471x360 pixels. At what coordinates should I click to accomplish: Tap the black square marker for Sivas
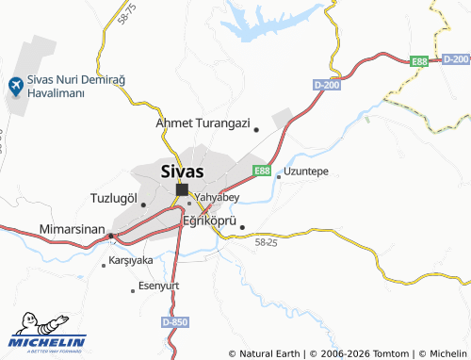pos(181,189)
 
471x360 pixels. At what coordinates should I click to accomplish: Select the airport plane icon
pos(15,86)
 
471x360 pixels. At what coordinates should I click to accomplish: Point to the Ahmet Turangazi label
pos(203,123)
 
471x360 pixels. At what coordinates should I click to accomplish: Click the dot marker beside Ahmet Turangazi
pos(256,129)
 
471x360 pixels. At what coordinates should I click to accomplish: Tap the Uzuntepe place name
pos(306,172)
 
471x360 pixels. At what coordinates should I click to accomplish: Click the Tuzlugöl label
pos(113,198)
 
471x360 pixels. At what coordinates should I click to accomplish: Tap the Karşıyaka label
pos(131,259)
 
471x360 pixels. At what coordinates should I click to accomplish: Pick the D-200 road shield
pos(325,86)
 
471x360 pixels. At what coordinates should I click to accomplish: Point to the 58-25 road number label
pos(266,243)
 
